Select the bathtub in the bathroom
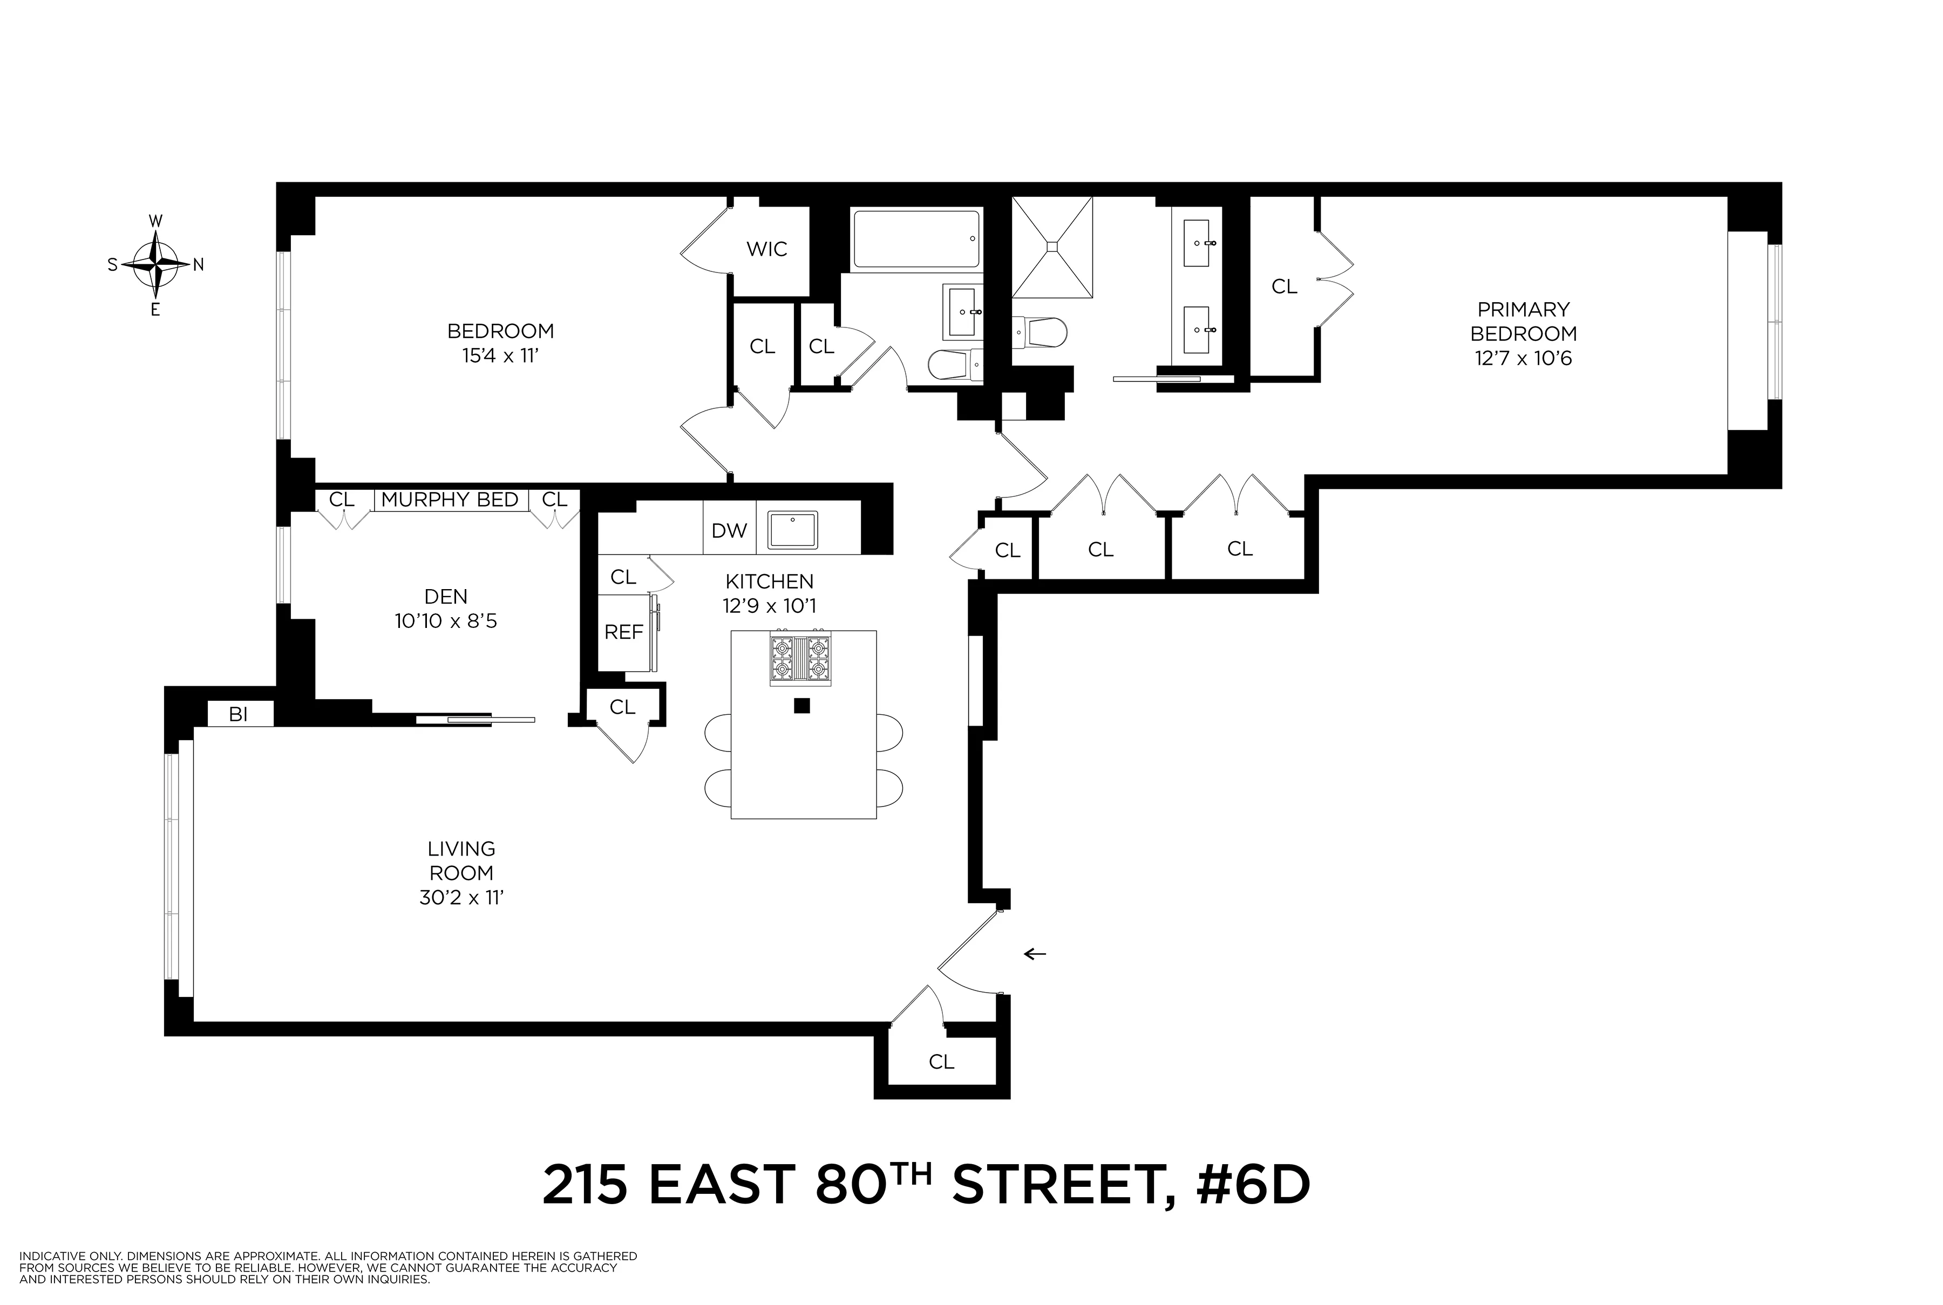916,239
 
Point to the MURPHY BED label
450,500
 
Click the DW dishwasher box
729,531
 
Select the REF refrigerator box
623,632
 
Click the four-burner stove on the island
800,659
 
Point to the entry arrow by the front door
1034,954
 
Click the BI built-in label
239,714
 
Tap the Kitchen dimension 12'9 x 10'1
769,606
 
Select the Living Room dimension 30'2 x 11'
462,898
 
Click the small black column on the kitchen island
801,706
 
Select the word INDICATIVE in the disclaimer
51,1256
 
